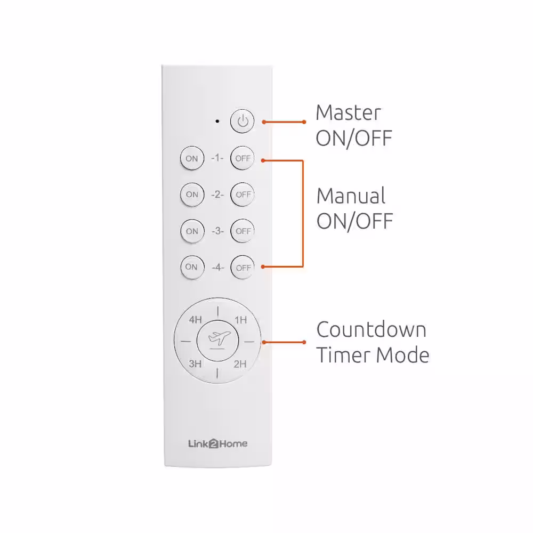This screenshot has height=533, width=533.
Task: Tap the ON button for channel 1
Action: click(x=192, y=158)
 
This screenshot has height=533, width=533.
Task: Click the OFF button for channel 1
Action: click(x=243, y=158)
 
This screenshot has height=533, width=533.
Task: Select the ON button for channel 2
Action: click(x=192, y=195)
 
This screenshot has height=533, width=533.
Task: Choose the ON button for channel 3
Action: click(x=192, y=231)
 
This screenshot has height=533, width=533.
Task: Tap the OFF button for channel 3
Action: click(x=243, y=231)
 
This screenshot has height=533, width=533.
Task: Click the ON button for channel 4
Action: click(x=192, y=267)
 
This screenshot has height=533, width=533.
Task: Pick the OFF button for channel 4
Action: click(x=243, y=268)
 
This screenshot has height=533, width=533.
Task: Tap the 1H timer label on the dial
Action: click(x=241, y=320)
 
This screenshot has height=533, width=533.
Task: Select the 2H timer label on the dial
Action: click(x=240, y=364)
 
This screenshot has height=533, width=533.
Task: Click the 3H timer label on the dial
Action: click(x=195, y=364)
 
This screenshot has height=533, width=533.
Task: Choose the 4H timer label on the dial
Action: click(x=196, y=319)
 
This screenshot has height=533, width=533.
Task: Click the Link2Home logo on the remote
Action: click(x=218, y=443)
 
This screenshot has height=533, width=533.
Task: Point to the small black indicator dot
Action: click(x=217, y=121)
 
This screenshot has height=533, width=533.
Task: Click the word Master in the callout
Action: click(x=349, y=113)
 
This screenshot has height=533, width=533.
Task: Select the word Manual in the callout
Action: click(x=351, y=196)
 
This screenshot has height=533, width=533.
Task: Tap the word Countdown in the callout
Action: click(x=371, y=329)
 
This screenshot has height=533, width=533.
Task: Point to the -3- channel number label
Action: click(x=217, y=231)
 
